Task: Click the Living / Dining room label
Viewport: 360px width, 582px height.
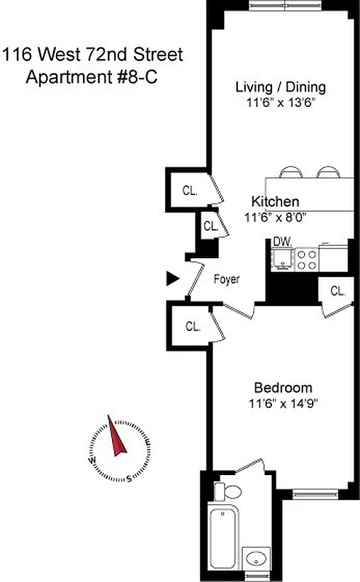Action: (281, 87)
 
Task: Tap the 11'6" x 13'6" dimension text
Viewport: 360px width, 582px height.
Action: (281, 103)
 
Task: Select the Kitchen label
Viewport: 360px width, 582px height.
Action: (275, 202)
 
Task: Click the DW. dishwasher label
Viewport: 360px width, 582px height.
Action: (282, 242)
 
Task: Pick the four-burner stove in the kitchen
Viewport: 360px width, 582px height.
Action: (306, 260)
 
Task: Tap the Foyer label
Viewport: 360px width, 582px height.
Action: (226, 279)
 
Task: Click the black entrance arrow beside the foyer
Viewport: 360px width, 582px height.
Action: (172, 277)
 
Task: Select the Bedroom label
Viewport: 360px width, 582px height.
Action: (283, 387)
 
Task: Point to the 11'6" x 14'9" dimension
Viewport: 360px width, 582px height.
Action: (283, 402)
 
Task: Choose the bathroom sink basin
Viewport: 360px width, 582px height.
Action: (255, 559)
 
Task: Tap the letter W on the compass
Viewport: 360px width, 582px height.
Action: (92, 461)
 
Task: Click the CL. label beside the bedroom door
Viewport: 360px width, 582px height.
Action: (193, 327)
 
